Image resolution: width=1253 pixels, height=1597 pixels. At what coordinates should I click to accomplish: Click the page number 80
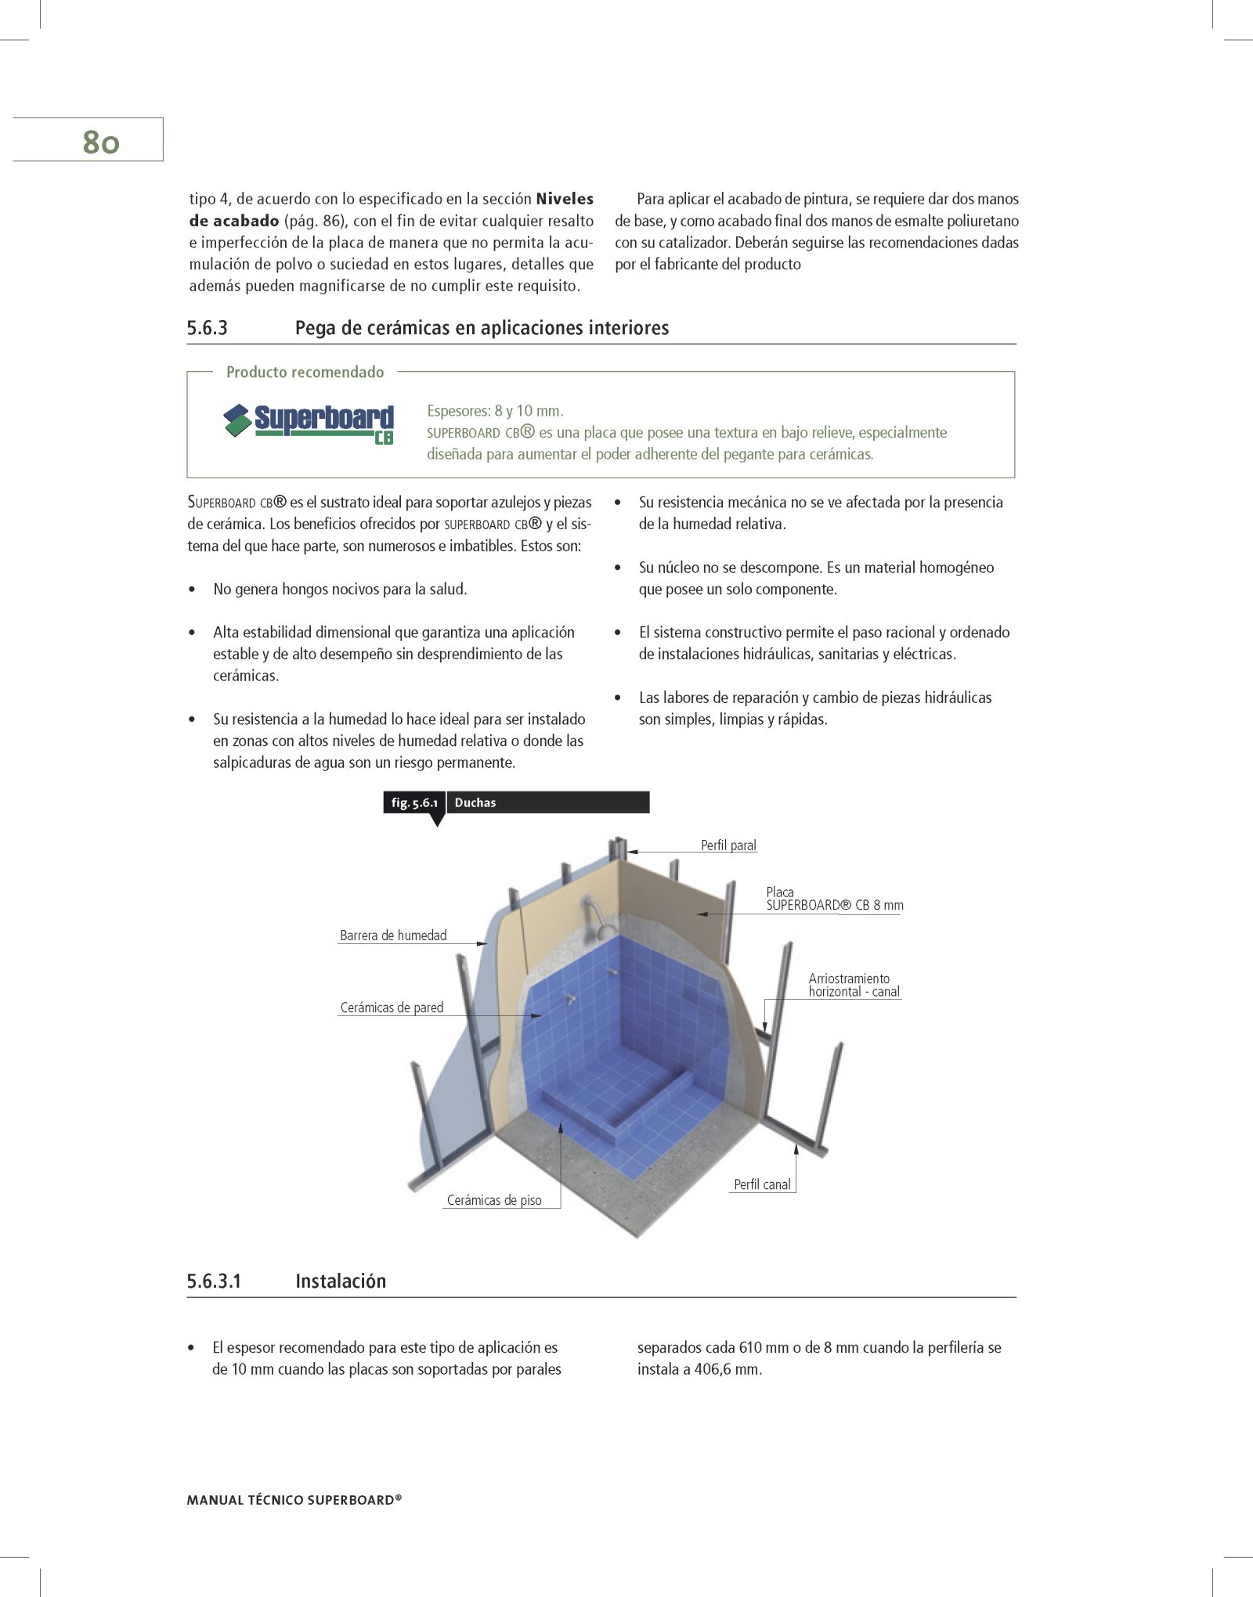coord(100,142)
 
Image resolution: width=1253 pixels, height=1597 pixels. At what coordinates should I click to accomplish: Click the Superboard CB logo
coord(309,424)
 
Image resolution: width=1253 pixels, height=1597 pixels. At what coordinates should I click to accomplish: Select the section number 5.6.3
coord(207,328)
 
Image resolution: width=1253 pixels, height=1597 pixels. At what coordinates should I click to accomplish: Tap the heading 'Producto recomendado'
coord(305,372)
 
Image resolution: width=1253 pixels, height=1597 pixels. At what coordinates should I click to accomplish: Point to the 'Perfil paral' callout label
coord(728,845)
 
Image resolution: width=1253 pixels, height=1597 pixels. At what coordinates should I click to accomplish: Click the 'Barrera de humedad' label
coord(393,935)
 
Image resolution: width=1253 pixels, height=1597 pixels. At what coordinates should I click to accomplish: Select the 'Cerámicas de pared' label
coord(392,1008)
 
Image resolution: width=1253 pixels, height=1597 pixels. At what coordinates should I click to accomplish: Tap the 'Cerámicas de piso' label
coord(494,1200)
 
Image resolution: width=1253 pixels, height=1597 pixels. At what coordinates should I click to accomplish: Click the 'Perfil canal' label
coord(762,1184)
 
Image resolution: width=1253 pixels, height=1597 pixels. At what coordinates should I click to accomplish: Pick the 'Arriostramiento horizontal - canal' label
coord(854,986)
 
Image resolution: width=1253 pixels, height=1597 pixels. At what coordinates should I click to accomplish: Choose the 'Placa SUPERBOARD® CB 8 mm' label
coord(834,899)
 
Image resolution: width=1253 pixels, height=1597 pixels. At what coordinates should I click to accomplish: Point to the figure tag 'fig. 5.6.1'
coord(413,802)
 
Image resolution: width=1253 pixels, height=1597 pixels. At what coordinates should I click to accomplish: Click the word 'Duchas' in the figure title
coord(475,802)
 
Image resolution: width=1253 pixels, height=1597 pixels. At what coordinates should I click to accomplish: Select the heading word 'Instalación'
coord(341,1282)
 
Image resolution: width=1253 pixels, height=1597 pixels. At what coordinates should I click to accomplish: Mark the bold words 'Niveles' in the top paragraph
coord(565,199)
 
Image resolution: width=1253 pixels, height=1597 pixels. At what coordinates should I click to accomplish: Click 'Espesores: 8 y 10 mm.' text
coord(495,411)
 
